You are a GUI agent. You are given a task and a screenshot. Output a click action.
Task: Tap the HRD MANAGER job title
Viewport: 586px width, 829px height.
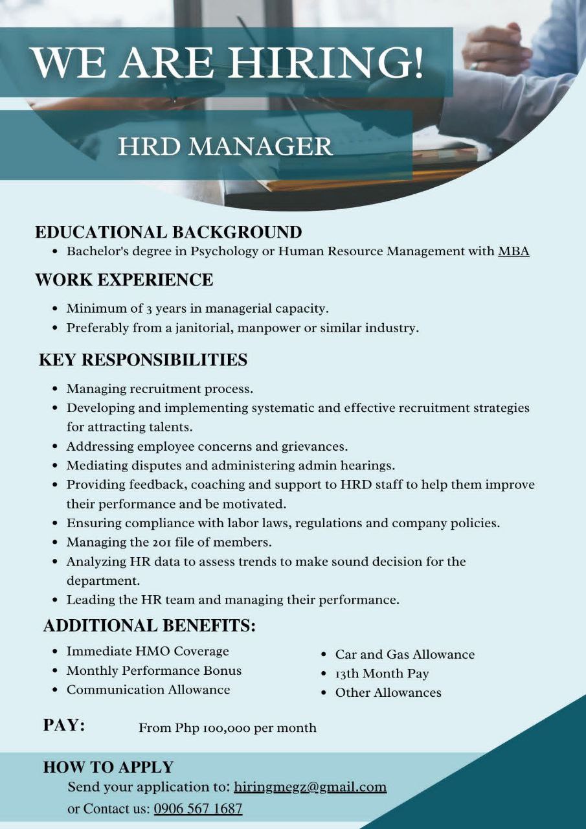(225, 146)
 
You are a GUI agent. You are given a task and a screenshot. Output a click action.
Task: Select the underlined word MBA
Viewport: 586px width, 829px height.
(513, 251)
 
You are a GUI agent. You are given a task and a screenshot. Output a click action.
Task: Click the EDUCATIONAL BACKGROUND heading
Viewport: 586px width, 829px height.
(168, 232)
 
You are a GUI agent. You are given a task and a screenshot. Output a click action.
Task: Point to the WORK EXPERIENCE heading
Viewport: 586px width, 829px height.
(124, 280)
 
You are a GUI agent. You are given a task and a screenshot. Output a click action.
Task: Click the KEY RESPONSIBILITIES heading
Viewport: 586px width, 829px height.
(143, 360)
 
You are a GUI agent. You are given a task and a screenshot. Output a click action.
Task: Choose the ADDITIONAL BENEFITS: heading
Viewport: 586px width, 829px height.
(150, 626)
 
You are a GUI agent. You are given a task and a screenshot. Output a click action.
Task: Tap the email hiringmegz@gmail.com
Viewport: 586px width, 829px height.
(310, 787)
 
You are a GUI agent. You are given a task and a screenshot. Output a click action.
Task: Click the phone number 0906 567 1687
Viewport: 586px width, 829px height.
(198, 809)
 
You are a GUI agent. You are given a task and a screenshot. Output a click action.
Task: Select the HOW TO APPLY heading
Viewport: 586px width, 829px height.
(108, 767)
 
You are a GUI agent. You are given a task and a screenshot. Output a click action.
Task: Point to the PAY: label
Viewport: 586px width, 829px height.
(64, 725)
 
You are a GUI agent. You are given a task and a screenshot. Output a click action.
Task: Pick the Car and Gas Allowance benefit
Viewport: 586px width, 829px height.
(405, 654)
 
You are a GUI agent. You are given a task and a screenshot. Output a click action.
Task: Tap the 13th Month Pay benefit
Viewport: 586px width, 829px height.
(382, 674)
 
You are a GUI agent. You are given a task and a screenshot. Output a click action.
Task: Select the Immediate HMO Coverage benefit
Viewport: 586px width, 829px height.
(148, 651)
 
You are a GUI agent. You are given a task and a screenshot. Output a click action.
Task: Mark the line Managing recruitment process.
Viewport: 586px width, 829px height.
(159, 389)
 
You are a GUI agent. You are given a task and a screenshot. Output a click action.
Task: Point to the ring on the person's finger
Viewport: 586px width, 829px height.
(474, 66)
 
